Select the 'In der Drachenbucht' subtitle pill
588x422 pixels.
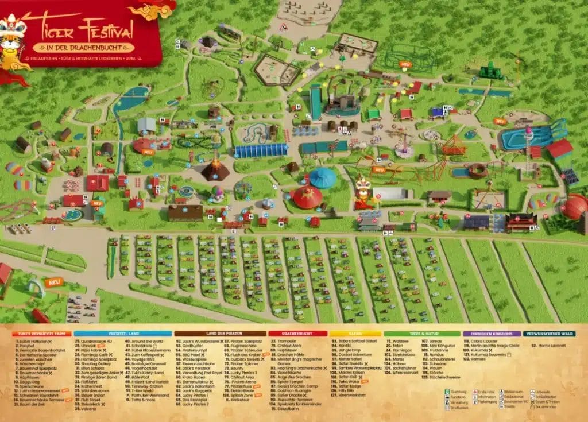tap(84, 48)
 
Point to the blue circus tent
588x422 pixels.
tap(323, 178)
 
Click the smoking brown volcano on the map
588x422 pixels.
tap(215, 169)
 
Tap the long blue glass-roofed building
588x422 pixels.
tap(261, 150)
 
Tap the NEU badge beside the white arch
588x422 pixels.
tap(55, 282)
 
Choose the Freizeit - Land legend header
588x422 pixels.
tap(122, 333)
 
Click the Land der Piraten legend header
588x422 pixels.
tap(220, 333)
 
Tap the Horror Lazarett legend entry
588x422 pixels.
tap(552, 346)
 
